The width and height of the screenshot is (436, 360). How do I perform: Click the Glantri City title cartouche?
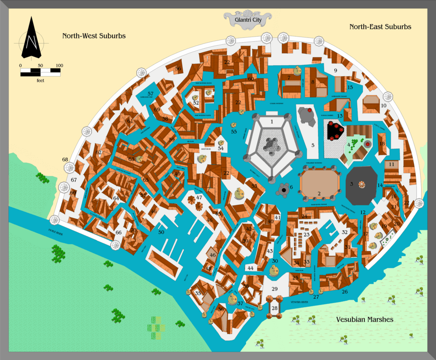coord(248,19)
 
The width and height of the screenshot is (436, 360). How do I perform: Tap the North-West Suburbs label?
coord(94,36)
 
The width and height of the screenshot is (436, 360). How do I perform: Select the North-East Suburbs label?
coord(380,26)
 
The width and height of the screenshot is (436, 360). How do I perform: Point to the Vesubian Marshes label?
coord(364,319)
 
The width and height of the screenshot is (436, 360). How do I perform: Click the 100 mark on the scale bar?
coord(59,66)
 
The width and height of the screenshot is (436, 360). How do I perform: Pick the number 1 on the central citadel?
coord(272,121)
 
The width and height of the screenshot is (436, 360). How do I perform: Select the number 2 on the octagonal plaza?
coord(318,194)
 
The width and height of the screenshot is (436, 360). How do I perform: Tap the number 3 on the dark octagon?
coord(351,184)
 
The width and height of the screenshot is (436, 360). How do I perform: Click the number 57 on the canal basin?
coord(150,94)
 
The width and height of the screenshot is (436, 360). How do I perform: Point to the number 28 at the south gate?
coord(275,308)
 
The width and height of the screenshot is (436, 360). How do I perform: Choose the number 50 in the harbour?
coord(161,232)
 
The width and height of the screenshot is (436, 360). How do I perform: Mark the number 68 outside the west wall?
coord(65,160)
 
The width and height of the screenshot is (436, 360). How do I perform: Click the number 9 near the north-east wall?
coord(335,70)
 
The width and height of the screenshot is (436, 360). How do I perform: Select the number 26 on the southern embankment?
coord(345,292)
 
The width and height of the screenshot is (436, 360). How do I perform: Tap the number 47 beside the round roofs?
coord(199,197)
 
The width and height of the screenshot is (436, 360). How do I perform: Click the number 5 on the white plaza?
coord(313,145)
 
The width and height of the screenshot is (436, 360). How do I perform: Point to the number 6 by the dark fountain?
coord(291,187)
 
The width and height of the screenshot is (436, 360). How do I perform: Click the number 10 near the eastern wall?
coord(384,105)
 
